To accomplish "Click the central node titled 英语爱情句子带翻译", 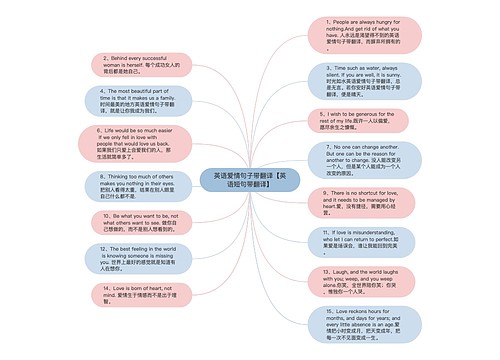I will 249,179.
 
